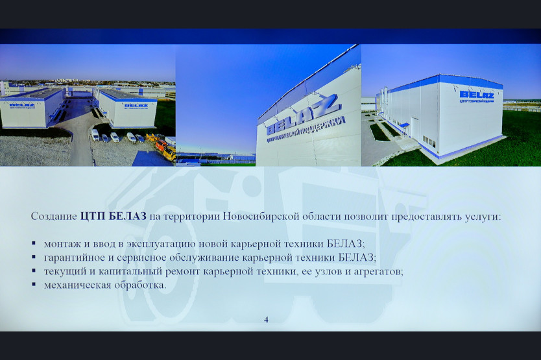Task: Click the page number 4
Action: click(x=266, y=320)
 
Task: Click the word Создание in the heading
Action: click(x=54, y=217)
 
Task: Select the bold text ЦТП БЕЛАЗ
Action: click(x=114, y=217)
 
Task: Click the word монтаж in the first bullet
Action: click(x=62, y=244)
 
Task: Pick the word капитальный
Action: click(x=130, y=272)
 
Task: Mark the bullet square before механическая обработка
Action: click(x=34, y=284)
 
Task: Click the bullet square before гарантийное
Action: click(x=34, y=257)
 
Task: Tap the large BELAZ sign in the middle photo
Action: click(x=302, y=115)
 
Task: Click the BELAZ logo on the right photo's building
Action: click(x=477, y=95)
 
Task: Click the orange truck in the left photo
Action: click(x=161, y=145)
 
